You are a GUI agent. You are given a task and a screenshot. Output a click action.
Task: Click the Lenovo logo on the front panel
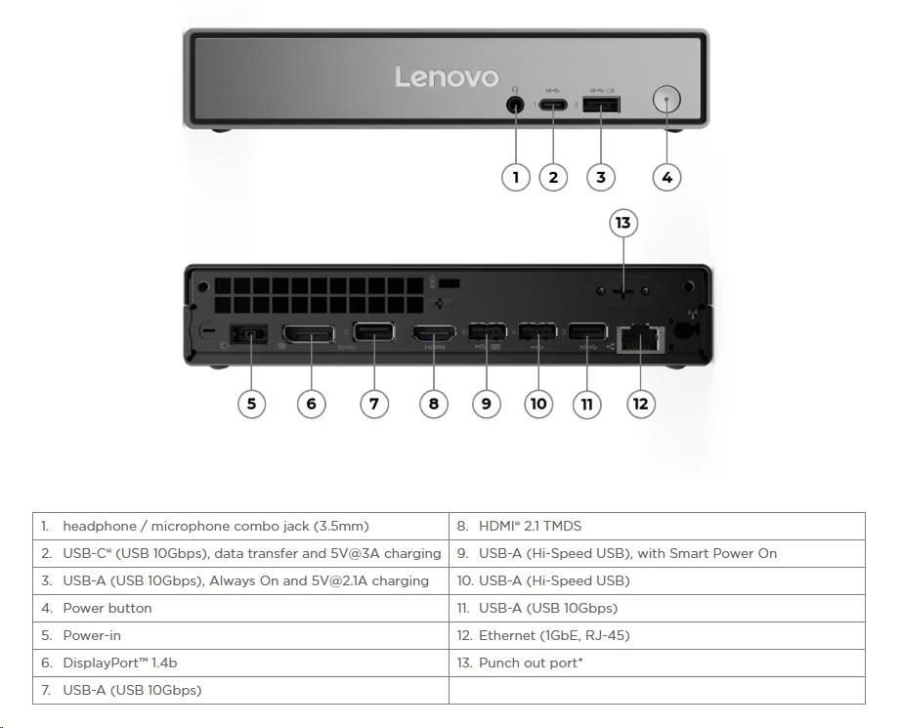[447, 77]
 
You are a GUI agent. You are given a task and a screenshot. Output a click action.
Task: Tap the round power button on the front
[666, 101]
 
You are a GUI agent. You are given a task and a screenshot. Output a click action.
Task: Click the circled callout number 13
[622, 223]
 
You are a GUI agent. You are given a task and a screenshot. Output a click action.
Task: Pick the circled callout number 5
[251, 403]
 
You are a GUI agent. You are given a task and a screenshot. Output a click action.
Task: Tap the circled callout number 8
[433, 403]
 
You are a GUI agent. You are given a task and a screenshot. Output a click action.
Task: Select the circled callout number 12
[640, 403]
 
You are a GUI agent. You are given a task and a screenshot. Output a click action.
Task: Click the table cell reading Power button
[107, 608]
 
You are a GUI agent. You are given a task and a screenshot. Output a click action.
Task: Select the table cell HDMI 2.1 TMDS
[530, 526]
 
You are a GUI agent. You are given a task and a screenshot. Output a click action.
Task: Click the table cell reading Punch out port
[532, 663]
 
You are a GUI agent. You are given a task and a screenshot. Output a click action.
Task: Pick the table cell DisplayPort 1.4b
[119, 663]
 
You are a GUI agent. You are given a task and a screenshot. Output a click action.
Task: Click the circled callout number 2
[553, 177]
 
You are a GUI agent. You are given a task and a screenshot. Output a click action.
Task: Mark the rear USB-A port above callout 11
[586, 334]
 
